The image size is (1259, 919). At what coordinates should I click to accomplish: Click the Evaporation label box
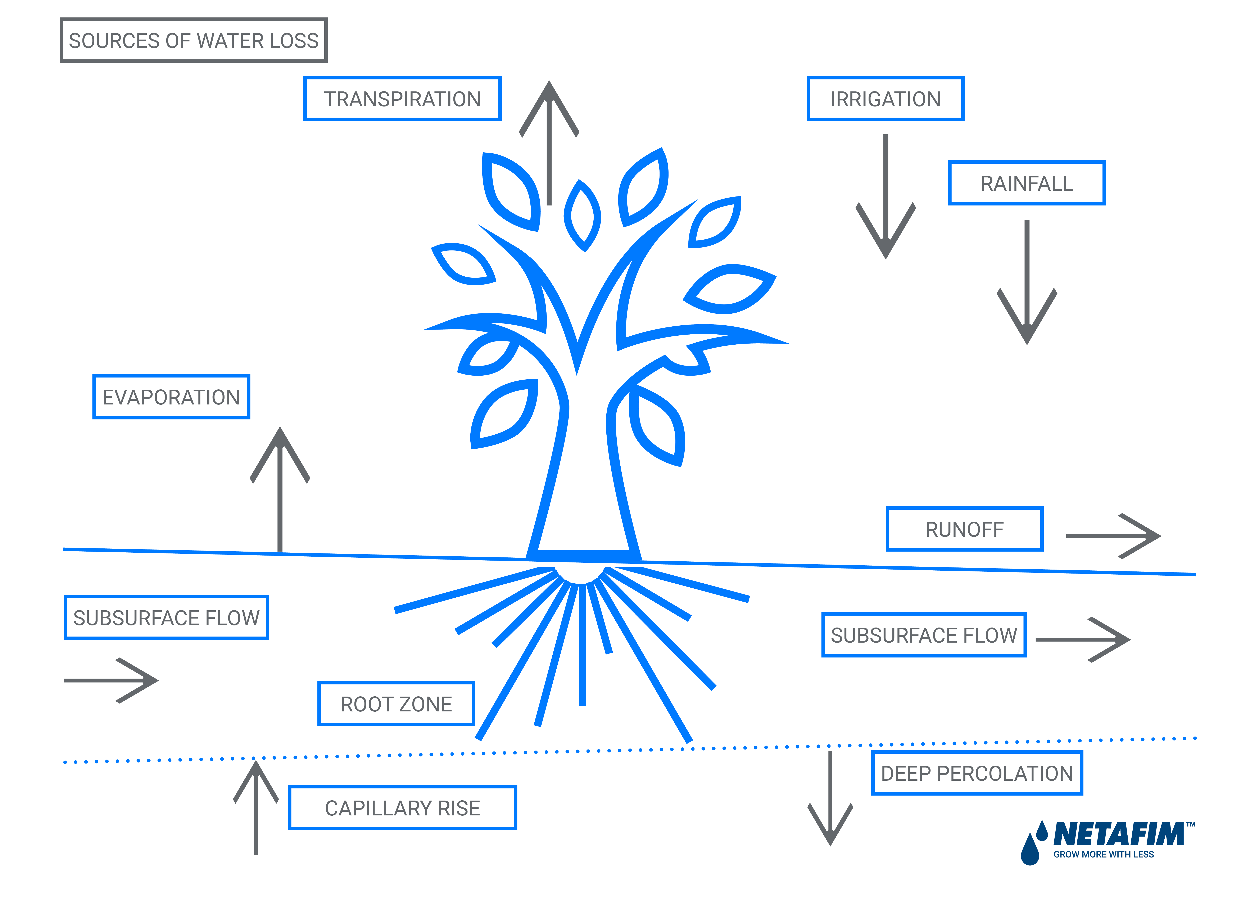(171, 397)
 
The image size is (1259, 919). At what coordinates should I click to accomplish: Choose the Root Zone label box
(395, 704)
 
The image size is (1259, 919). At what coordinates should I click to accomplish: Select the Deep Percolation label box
(976, 773)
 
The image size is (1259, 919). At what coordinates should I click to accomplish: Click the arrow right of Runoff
(1113, 536)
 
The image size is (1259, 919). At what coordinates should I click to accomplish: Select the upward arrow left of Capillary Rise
(256, 807)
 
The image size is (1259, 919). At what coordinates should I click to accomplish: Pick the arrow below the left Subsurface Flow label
(111, 680)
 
